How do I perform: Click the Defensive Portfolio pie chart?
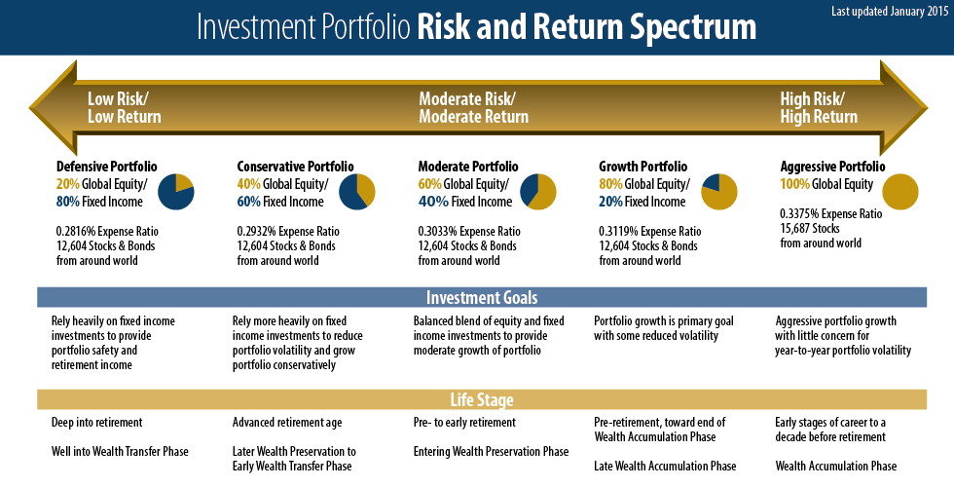176,192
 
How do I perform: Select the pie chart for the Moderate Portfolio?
537,192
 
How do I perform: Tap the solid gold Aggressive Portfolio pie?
900,192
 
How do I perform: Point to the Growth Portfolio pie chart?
719,192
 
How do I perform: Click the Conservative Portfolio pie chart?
357,192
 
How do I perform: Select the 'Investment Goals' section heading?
482,298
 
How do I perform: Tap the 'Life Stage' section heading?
482,400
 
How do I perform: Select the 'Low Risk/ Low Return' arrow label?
125,108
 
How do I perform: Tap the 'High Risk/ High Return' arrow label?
819,108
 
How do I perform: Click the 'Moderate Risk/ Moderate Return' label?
473,108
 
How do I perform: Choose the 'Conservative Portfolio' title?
295,167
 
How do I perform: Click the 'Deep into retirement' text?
96,423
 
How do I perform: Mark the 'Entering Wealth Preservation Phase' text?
491,452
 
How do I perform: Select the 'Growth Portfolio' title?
643,167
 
